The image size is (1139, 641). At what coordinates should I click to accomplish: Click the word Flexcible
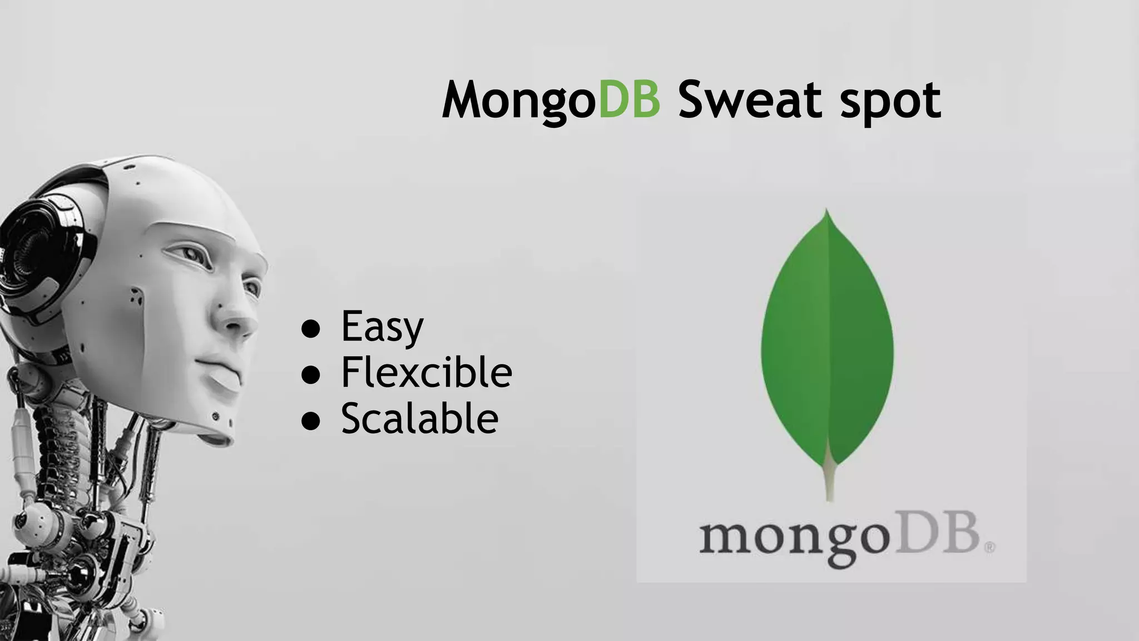point(426,372)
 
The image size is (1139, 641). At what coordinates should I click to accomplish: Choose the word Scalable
point(419,418)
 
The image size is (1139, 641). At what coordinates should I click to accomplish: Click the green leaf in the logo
point(827,339)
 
